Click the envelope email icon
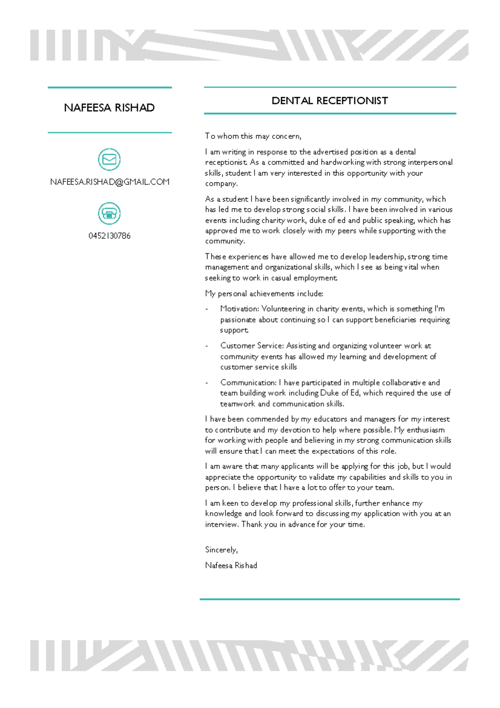click(109, 159)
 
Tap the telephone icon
click(109, 213)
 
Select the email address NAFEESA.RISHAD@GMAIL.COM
click(110, 182)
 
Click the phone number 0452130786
click(109, 236)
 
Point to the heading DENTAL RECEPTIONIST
click(330, 101)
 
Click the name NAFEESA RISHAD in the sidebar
click(109, 108)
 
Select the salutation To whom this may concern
click(253, 136)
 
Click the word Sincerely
click(221, 550)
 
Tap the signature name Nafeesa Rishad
click(231, 566)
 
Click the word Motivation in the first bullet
click(239, 309)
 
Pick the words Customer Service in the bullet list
click(252, 346)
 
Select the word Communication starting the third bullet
click(248, 383)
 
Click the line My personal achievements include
click(264, 294)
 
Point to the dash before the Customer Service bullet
click(207, 346)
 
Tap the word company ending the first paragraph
click(220, 184)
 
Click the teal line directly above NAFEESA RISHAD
click(110, 88)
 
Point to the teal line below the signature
click(330, 599)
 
